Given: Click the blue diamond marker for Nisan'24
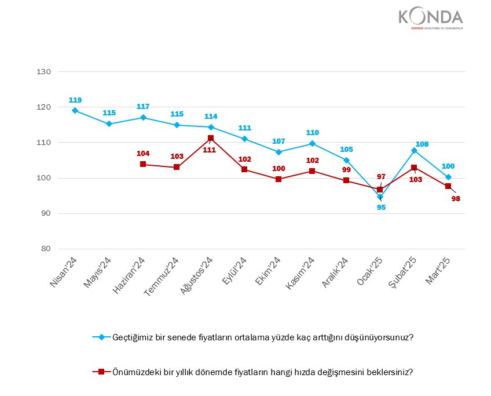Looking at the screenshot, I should tap(75, 110).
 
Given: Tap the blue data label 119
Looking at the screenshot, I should tap(75, 99).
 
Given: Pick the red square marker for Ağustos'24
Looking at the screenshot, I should tap(211, 138).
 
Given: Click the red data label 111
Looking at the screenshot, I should tap(210, 150).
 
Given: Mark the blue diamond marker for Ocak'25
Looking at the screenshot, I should tap(380, 197).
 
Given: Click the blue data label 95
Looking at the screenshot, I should tap(381, 207).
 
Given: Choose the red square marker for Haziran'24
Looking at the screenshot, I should tap(142, 164).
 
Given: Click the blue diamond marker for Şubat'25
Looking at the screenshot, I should tap(414, 150).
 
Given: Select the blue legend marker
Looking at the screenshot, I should tap(102, 337).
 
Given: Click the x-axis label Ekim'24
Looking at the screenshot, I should tap(268, 273).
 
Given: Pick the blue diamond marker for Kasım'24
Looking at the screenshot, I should tap(312, 143).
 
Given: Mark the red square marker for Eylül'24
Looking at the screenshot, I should tap(244, 169).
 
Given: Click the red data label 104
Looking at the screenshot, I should tap(142, 153).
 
